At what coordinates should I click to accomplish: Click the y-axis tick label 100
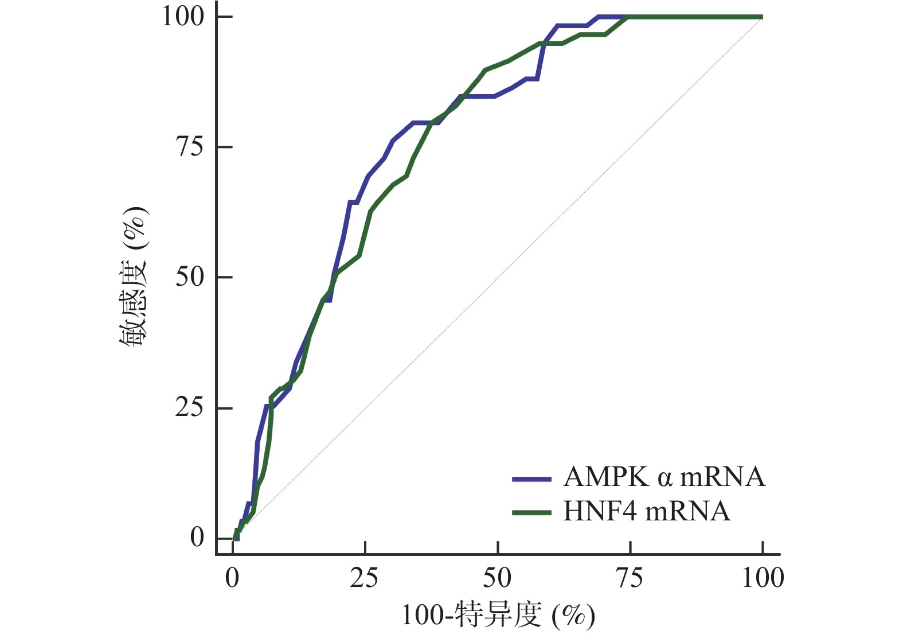(183, 16)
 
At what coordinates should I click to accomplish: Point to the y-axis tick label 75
(189, 147)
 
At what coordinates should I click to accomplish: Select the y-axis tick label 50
(189, 277)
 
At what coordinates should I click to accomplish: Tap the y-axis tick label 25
(189, 408)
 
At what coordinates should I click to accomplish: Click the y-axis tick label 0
(197, 538)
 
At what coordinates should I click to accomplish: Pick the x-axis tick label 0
(232, 578)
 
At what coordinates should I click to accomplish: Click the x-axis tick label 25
(365, 578)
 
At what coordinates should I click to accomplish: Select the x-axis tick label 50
(497, 578)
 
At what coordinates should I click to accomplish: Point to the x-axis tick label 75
(630, 578)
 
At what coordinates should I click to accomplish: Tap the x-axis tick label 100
(763, 578)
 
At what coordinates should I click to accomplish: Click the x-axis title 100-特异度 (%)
(498, 616)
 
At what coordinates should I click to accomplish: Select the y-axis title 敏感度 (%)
(134, 277)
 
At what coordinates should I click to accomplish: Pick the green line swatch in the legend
(531, 512)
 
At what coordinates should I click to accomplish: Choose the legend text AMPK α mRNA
(664, 477)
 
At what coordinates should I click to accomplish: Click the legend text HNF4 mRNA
(647, 511)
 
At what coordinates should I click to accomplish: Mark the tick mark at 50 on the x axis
(498, 548)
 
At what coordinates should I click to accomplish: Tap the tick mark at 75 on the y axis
(225, 147)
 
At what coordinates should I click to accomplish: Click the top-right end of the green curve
(762, 17)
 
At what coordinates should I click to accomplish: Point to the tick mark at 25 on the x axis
(365, 548)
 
